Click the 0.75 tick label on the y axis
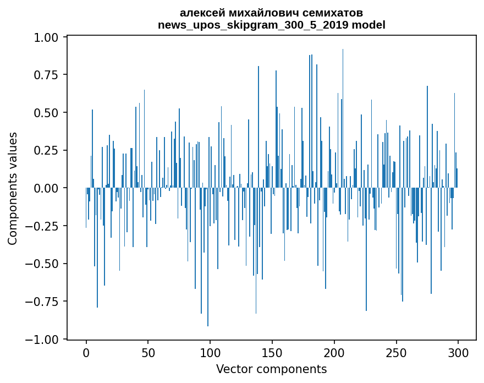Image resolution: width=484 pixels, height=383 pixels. (x=46, y=75)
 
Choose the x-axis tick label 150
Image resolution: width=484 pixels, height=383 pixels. (x=272, y=353)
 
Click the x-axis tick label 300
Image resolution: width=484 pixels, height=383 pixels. (x=458, y=353)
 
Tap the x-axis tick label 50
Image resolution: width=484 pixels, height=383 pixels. (x=148, y=353)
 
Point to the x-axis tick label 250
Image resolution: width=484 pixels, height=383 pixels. (x=395, y=353)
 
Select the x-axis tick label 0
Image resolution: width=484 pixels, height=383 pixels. (x=86, y=353)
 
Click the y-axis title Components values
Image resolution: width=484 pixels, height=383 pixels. (x=13, y=188)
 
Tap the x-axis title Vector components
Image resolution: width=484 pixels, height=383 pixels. (x=272, y=369)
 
